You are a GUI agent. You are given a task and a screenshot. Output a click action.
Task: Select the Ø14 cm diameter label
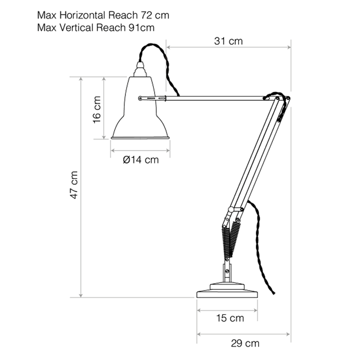click(x=140, y=160)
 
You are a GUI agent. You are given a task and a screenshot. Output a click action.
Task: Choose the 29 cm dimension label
click(x=245, y=344)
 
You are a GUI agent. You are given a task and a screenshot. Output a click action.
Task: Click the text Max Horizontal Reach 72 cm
click(x=103, y=15)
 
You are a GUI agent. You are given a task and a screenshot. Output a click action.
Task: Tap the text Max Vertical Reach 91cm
click(x=96, y=27)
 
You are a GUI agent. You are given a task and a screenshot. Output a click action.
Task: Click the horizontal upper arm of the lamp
click(x=211, y=97)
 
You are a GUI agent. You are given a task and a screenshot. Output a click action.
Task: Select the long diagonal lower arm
click(x=256, y=153)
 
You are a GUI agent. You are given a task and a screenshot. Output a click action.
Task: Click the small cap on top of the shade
click(x=141, y=69)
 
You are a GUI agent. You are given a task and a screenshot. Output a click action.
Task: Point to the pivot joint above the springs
click(x=231, y=210)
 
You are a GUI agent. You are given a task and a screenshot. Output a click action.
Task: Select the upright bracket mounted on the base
click(x=227, y=272)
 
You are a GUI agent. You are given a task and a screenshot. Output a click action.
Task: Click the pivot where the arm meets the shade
click(x=141, y=97)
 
